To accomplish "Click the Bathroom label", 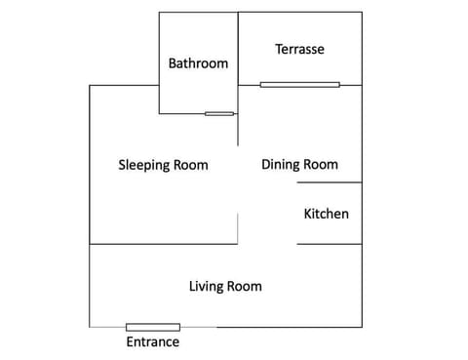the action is (198, 63).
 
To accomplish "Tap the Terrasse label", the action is (299, 49).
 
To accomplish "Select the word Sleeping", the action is (144, 165).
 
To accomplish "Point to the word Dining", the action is (279, 165).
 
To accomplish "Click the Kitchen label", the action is (327, 214).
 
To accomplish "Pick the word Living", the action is (206, 287).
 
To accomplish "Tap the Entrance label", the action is (153, 341).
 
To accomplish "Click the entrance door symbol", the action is (153, 327).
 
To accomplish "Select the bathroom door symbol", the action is (219, 114).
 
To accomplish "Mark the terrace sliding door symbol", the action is (300, 85).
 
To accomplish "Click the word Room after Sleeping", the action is (191, 165).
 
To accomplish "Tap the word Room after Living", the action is (244, 287).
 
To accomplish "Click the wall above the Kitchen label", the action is (330, 182).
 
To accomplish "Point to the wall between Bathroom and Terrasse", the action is (238, 49).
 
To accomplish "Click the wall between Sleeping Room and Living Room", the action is (164, 244).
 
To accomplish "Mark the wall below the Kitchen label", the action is (330, 244).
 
